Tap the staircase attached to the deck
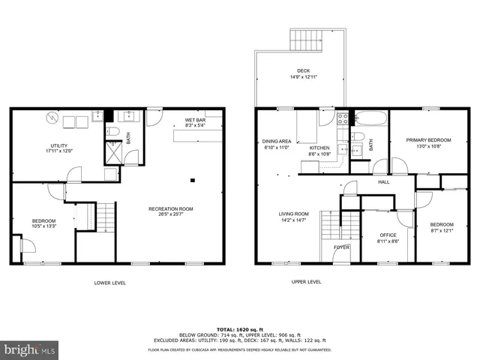coord(305,39)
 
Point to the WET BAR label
coord(196,120)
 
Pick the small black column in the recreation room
coord(193,180)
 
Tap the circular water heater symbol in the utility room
coord(51,118)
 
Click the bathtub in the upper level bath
coord(369,118)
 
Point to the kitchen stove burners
coord(343,117)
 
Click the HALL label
coord(383,181)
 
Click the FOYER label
coord(341,246)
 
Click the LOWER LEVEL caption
coord(110,283)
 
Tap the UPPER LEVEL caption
coord(306,282)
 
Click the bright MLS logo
coord(30,349)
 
